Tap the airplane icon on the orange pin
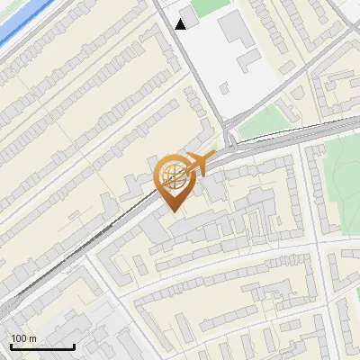[199, 163]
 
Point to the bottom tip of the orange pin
[173, 211]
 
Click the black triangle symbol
[181, 24]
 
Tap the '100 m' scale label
[23, 338]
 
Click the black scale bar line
[42, 346]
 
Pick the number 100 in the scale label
[19, 338]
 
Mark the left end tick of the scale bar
[11, 345]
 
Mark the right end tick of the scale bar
[74, 345]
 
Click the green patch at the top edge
[209, 5]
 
